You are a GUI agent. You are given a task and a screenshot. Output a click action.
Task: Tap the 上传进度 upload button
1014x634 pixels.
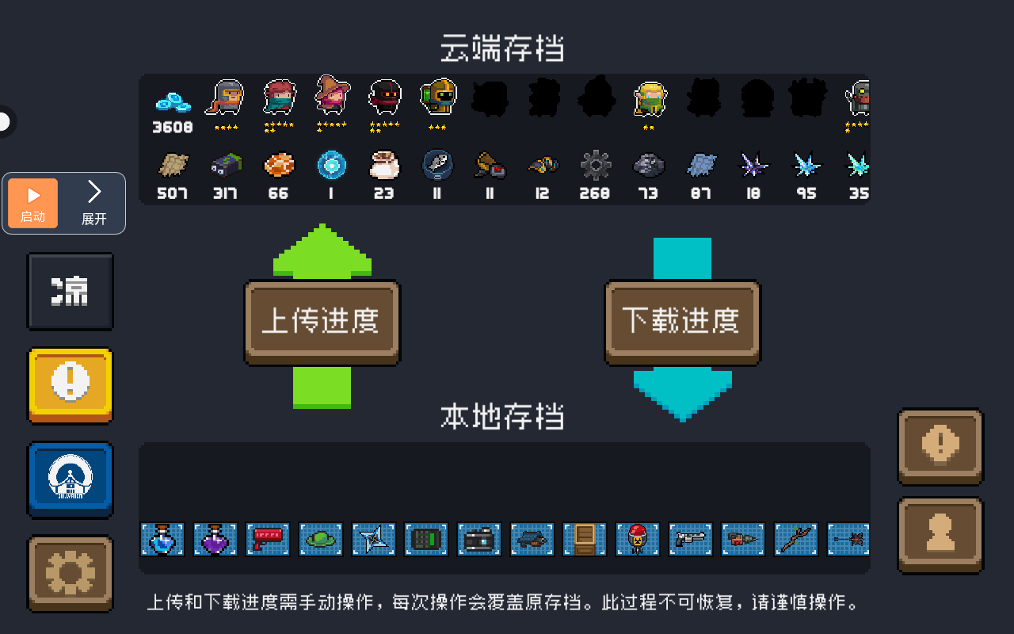click(x=322, y=322)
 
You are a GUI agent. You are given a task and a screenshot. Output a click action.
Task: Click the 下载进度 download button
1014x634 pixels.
click(x=682, y=322)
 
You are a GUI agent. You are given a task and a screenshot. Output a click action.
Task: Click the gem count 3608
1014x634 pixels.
click(x=173, y=128)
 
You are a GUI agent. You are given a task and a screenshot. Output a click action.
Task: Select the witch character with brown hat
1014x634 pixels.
click(x=332, y=95)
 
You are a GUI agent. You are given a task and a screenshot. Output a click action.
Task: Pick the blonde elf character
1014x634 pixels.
click(x=649, y=100)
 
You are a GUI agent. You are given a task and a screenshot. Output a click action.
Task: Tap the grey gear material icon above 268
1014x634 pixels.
click(x=596, y=166)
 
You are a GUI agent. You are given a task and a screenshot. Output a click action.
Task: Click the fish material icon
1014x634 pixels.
click(x=437, y=164)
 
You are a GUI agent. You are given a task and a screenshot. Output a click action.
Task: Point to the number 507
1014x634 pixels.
click(x=173, y=193)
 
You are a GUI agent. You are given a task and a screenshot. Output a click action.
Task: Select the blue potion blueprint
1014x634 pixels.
click(x=162, y=539)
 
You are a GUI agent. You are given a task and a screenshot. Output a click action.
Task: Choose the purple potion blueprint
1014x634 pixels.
click(x=215, y=539)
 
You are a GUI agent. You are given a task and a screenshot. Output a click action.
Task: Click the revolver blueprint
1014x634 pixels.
click(x=690, y=539)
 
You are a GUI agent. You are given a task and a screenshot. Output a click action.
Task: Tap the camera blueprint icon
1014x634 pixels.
click(x=479, y=539)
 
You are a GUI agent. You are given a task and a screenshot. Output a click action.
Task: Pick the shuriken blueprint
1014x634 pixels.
click(x=373, y=539)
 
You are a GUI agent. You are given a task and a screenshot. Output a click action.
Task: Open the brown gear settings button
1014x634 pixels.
click(x=71, y=574)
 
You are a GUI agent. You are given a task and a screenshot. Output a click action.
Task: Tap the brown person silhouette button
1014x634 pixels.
click(x=940, y=535)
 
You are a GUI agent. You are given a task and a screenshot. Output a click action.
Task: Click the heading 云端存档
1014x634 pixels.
click(x=502, y=48)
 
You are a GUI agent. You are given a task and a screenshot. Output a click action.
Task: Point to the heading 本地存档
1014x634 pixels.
click(x=502, y=416)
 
